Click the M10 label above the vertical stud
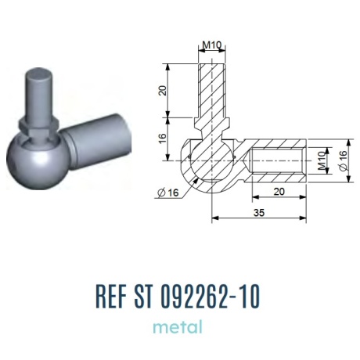pyautogui.click(x=211, y=45)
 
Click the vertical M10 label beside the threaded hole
pyautogui.click(x=322, y=160)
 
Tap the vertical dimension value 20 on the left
pyautogui.click(x=163, y=90)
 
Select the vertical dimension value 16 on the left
pyautogui.click(x=163, y=138)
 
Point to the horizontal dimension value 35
pyautogui.click(x=259, y=213)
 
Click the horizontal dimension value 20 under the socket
pyautogui.click(x=279, y=192)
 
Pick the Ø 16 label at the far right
pyautogui.click(x=344, y=160)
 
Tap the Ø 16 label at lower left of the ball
pyautogui.click(x=168, y=193)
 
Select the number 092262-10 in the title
pyautogui.click(x=211, y=297)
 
